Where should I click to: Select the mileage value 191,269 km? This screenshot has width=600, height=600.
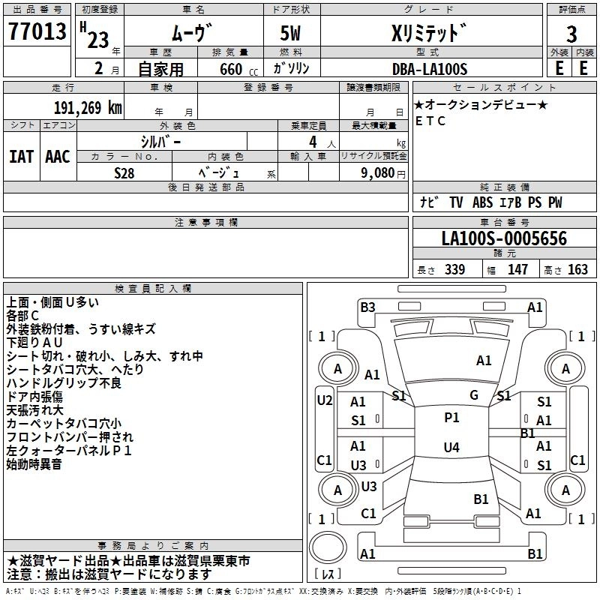[87, 107]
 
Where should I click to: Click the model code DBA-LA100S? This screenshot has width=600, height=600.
[429, 69]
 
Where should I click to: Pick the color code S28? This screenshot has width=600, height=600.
[124, 172]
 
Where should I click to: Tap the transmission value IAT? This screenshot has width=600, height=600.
[21, 157]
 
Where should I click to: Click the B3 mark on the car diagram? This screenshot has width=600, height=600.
[367, 307]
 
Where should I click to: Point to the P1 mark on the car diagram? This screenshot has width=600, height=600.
[451, 418]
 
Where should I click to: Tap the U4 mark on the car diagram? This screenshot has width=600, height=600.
[451, 448]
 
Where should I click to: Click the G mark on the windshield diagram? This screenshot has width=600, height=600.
[474, 394]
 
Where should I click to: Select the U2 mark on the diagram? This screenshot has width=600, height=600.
[324, 400]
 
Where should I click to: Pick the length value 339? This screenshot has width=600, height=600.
[454, 270]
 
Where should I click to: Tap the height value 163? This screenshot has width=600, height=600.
[577, 270]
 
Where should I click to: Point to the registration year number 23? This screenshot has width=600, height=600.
[97, 40]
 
